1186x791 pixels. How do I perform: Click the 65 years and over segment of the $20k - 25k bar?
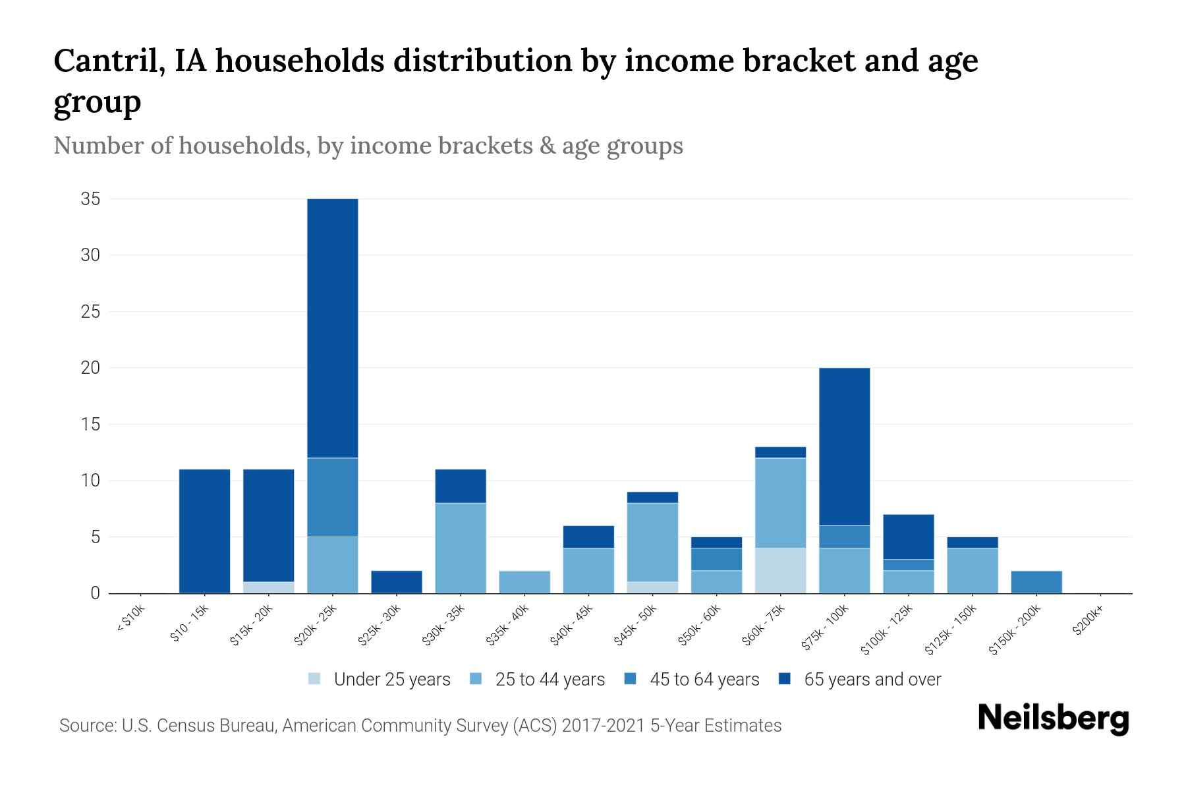(x=333, y=328)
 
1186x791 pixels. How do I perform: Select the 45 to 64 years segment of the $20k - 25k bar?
(x=333, y=497)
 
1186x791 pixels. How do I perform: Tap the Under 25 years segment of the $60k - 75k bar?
(x=780, y=570)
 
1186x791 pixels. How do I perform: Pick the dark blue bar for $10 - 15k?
(x=204, y=531)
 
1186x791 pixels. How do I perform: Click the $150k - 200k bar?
(x=1036, y=582)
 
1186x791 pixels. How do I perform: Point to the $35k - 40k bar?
(x=524, y=582)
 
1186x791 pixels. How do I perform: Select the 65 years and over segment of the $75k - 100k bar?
(x=844, y=446)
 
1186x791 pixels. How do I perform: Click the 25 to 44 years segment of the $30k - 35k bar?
(x=461, y=548)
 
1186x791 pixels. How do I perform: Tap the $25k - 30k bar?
(x=397, y=582)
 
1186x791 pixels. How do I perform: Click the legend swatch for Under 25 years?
(x=315, y=679)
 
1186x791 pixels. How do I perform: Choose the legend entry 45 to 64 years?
(x=704, y=679)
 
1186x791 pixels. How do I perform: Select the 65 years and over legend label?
(x=872, y=679)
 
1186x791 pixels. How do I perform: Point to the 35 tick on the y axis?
(x=90, y=198)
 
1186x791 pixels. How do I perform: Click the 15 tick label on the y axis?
(x=90, y=424)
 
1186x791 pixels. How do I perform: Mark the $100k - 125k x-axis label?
(x=887, y=630)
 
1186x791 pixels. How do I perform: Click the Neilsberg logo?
(x=1053, y=718)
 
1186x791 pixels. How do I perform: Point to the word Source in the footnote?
(x=86, y=726)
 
